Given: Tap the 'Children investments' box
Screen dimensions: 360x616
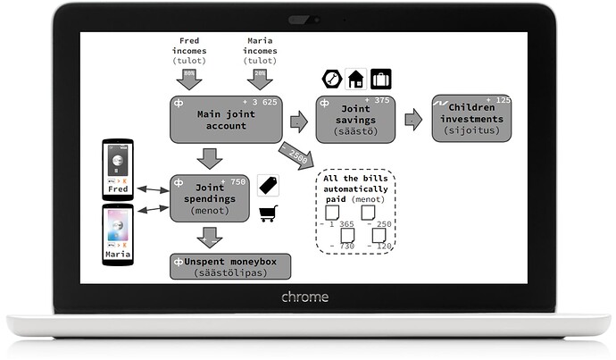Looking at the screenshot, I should (x=471, y=118).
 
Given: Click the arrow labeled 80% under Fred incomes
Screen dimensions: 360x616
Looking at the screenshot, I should (x=188, y=78).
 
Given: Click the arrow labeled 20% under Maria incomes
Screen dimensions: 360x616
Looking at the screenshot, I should (x=259, y=78).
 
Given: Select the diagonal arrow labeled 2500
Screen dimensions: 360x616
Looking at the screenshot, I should (x=295, y=155).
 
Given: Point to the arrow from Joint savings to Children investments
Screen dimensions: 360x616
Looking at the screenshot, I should (x=412, y=119).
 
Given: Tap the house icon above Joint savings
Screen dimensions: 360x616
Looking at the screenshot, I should (x=355, y=80).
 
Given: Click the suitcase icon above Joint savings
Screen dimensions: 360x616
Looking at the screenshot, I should (x=381, y=80).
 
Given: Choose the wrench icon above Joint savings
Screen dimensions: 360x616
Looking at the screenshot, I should (x=330, y=80).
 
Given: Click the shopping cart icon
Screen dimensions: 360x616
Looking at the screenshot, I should (x=268, y=212).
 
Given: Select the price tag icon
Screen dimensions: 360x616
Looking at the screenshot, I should (x=268, y=184).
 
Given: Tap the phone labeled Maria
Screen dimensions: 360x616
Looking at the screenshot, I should (x=117, y=235).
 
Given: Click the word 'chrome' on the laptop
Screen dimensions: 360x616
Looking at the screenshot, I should (x=304, y=297).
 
